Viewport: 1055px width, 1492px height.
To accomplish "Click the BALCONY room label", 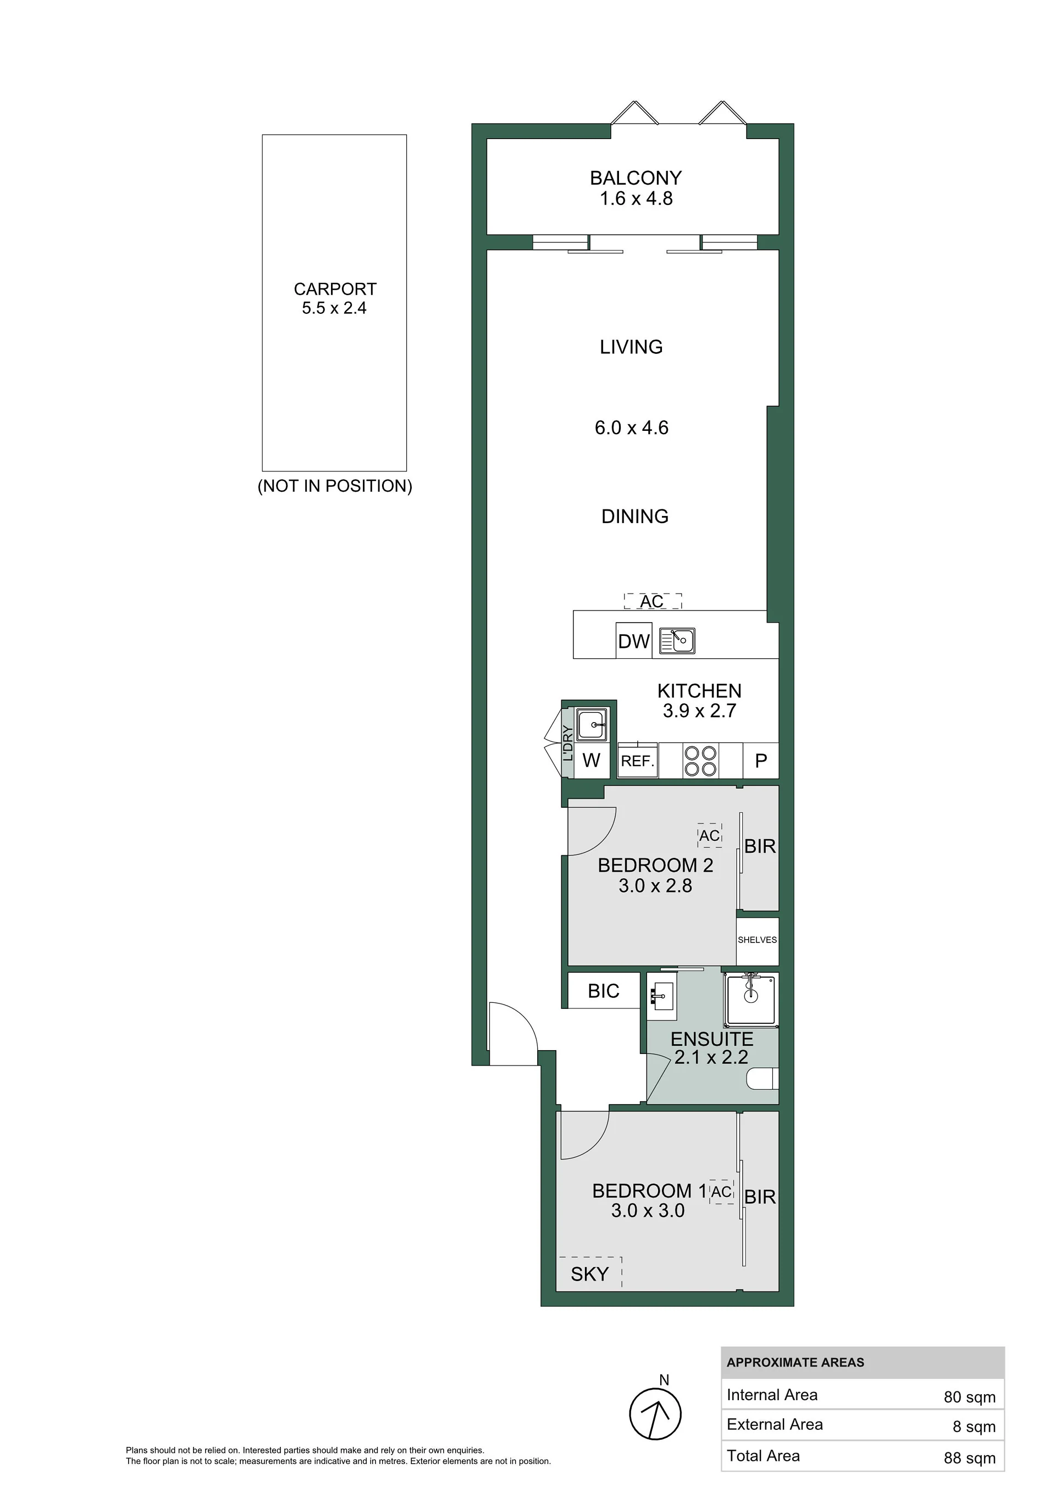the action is (636, 178).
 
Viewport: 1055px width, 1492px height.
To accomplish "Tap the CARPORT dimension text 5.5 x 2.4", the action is (334, 308).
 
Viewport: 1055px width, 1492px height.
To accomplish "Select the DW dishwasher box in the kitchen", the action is (634, 641).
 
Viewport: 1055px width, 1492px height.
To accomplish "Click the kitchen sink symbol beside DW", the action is (677, 640).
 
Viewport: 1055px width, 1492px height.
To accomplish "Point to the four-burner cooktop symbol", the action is (699, 761).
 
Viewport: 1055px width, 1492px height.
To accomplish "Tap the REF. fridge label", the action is (638, 761).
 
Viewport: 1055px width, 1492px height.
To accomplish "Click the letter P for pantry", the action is (761, 761).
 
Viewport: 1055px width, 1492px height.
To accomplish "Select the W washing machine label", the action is (591, 761).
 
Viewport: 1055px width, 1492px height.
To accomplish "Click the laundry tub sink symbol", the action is (592, 724).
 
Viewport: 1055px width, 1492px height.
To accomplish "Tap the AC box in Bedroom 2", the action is (710, 836).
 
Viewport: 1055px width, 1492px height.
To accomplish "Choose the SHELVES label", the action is (757, 940).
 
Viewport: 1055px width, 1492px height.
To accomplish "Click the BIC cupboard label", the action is (603, 991).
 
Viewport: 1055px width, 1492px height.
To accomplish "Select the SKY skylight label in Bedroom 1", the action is (589, 1274).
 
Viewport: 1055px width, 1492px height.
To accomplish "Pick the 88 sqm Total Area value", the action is (969, 1458).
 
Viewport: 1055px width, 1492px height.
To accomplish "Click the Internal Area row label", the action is (772, 1395).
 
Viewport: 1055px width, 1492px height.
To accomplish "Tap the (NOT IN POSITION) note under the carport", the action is (335, 486).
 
